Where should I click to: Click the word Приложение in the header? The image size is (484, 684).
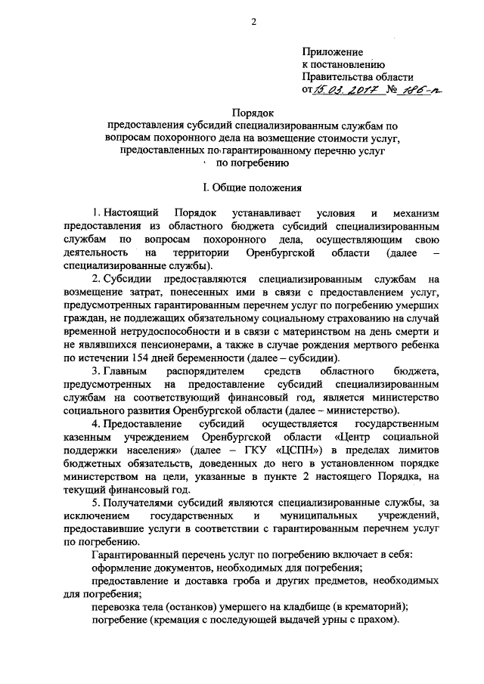[x=333, y=51]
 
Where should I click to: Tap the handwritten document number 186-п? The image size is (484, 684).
[x=416, y=91]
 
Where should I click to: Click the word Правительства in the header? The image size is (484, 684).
[x=337, y=77]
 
